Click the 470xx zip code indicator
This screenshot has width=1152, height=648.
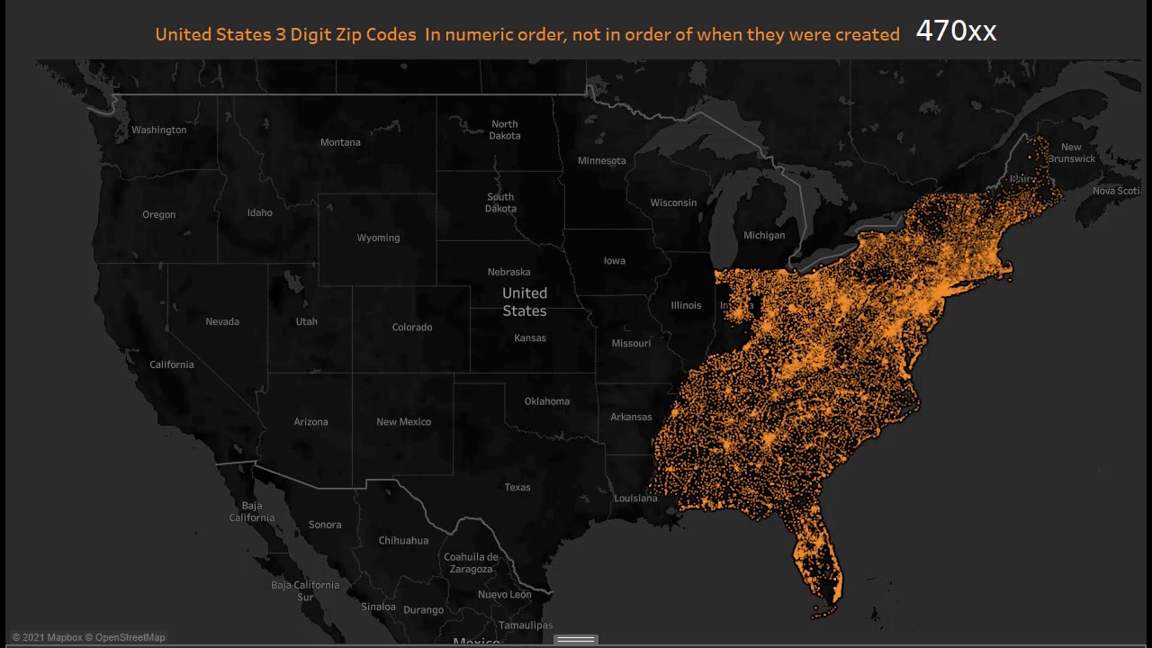coord(956,31)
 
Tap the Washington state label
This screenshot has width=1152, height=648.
coord(159,130)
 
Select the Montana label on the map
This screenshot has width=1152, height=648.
coord(340,142)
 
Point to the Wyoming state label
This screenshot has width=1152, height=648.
coord(378,238)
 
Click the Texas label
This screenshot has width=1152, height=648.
coord(517,487)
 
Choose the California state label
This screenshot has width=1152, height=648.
coord(172,364)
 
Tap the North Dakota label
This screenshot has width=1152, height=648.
coord(504,130)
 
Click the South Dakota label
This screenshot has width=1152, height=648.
coord(500,202)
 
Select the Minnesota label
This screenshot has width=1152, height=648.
coord(601,160)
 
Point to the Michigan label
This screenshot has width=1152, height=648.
coord(764,235)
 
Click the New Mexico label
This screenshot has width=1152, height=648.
coord(403,421)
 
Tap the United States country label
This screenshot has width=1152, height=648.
coord(525,301)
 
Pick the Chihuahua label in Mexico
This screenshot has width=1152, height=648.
coord(403,540)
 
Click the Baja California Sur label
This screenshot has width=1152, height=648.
coord(305,590)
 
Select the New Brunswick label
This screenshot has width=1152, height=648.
coord(1071,153)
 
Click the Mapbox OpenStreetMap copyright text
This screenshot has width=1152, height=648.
coord(88,637)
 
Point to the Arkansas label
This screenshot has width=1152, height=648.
coord(631,417)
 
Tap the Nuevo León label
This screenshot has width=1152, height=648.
coord(504,594)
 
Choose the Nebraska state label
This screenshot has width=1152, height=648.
coord(508,272)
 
